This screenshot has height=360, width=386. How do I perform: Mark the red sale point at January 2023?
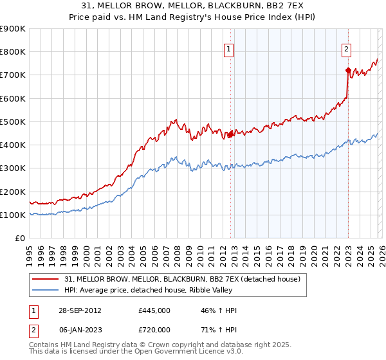click(x=348, y=70)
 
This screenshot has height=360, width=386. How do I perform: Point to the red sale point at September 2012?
click(x=231, y=134)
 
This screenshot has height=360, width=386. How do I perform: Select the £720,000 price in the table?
click(x=154, y=329)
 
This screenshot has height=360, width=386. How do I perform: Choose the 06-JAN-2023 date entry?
click(x=78, y=329)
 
